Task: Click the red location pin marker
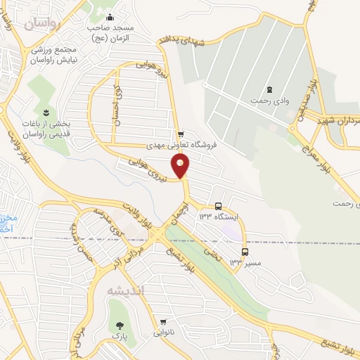181,165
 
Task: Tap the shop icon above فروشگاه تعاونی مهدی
181,134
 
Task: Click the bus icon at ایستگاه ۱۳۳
219,207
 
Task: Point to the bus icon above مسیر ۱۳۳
245,251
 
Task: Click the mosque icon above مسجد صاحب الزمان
109,18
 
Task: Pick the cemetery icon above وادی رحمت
269,89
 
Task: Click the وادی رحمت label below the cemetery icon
269,101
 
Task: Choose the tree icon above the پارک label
118,326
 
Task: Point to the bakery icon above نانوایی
163,323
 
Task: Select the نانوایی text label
163,334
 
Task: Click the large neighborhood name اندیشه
128,290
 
